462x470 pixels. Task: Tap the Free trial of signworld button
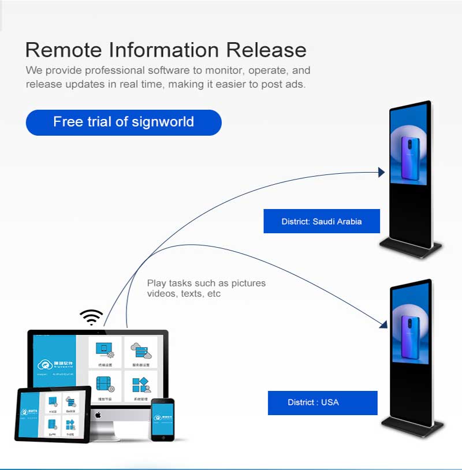click(x=124, y=122)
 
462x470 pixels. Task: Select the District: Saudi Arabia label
click(x=322, y=221)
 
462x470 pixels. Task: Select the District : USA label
click(x=322, y=402)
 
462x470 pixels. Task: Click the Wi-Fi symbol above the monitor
click(x=91, y=318)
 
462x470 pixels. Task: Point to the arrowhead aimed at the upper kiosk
click(x=381, y=172)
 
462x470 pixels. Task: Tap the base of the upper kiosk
click(x=411, y=249)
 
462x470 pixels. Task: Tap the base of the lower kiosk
click(x=412, y=428)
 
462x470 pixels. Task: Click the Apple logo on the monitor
click(x=98, y=415)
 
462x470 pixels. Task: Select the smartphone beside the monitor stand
click(x=162, y=420)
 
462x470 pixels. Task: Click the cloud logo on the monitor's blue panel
click(x=44, y=365)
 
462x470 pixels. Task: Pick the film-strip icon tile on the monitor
click(x=105, y=385)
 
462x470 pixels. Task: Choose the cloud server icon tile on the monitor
click(x=140, y=352)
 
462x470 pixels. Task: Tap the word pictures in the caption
click(x=248, y=283)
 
